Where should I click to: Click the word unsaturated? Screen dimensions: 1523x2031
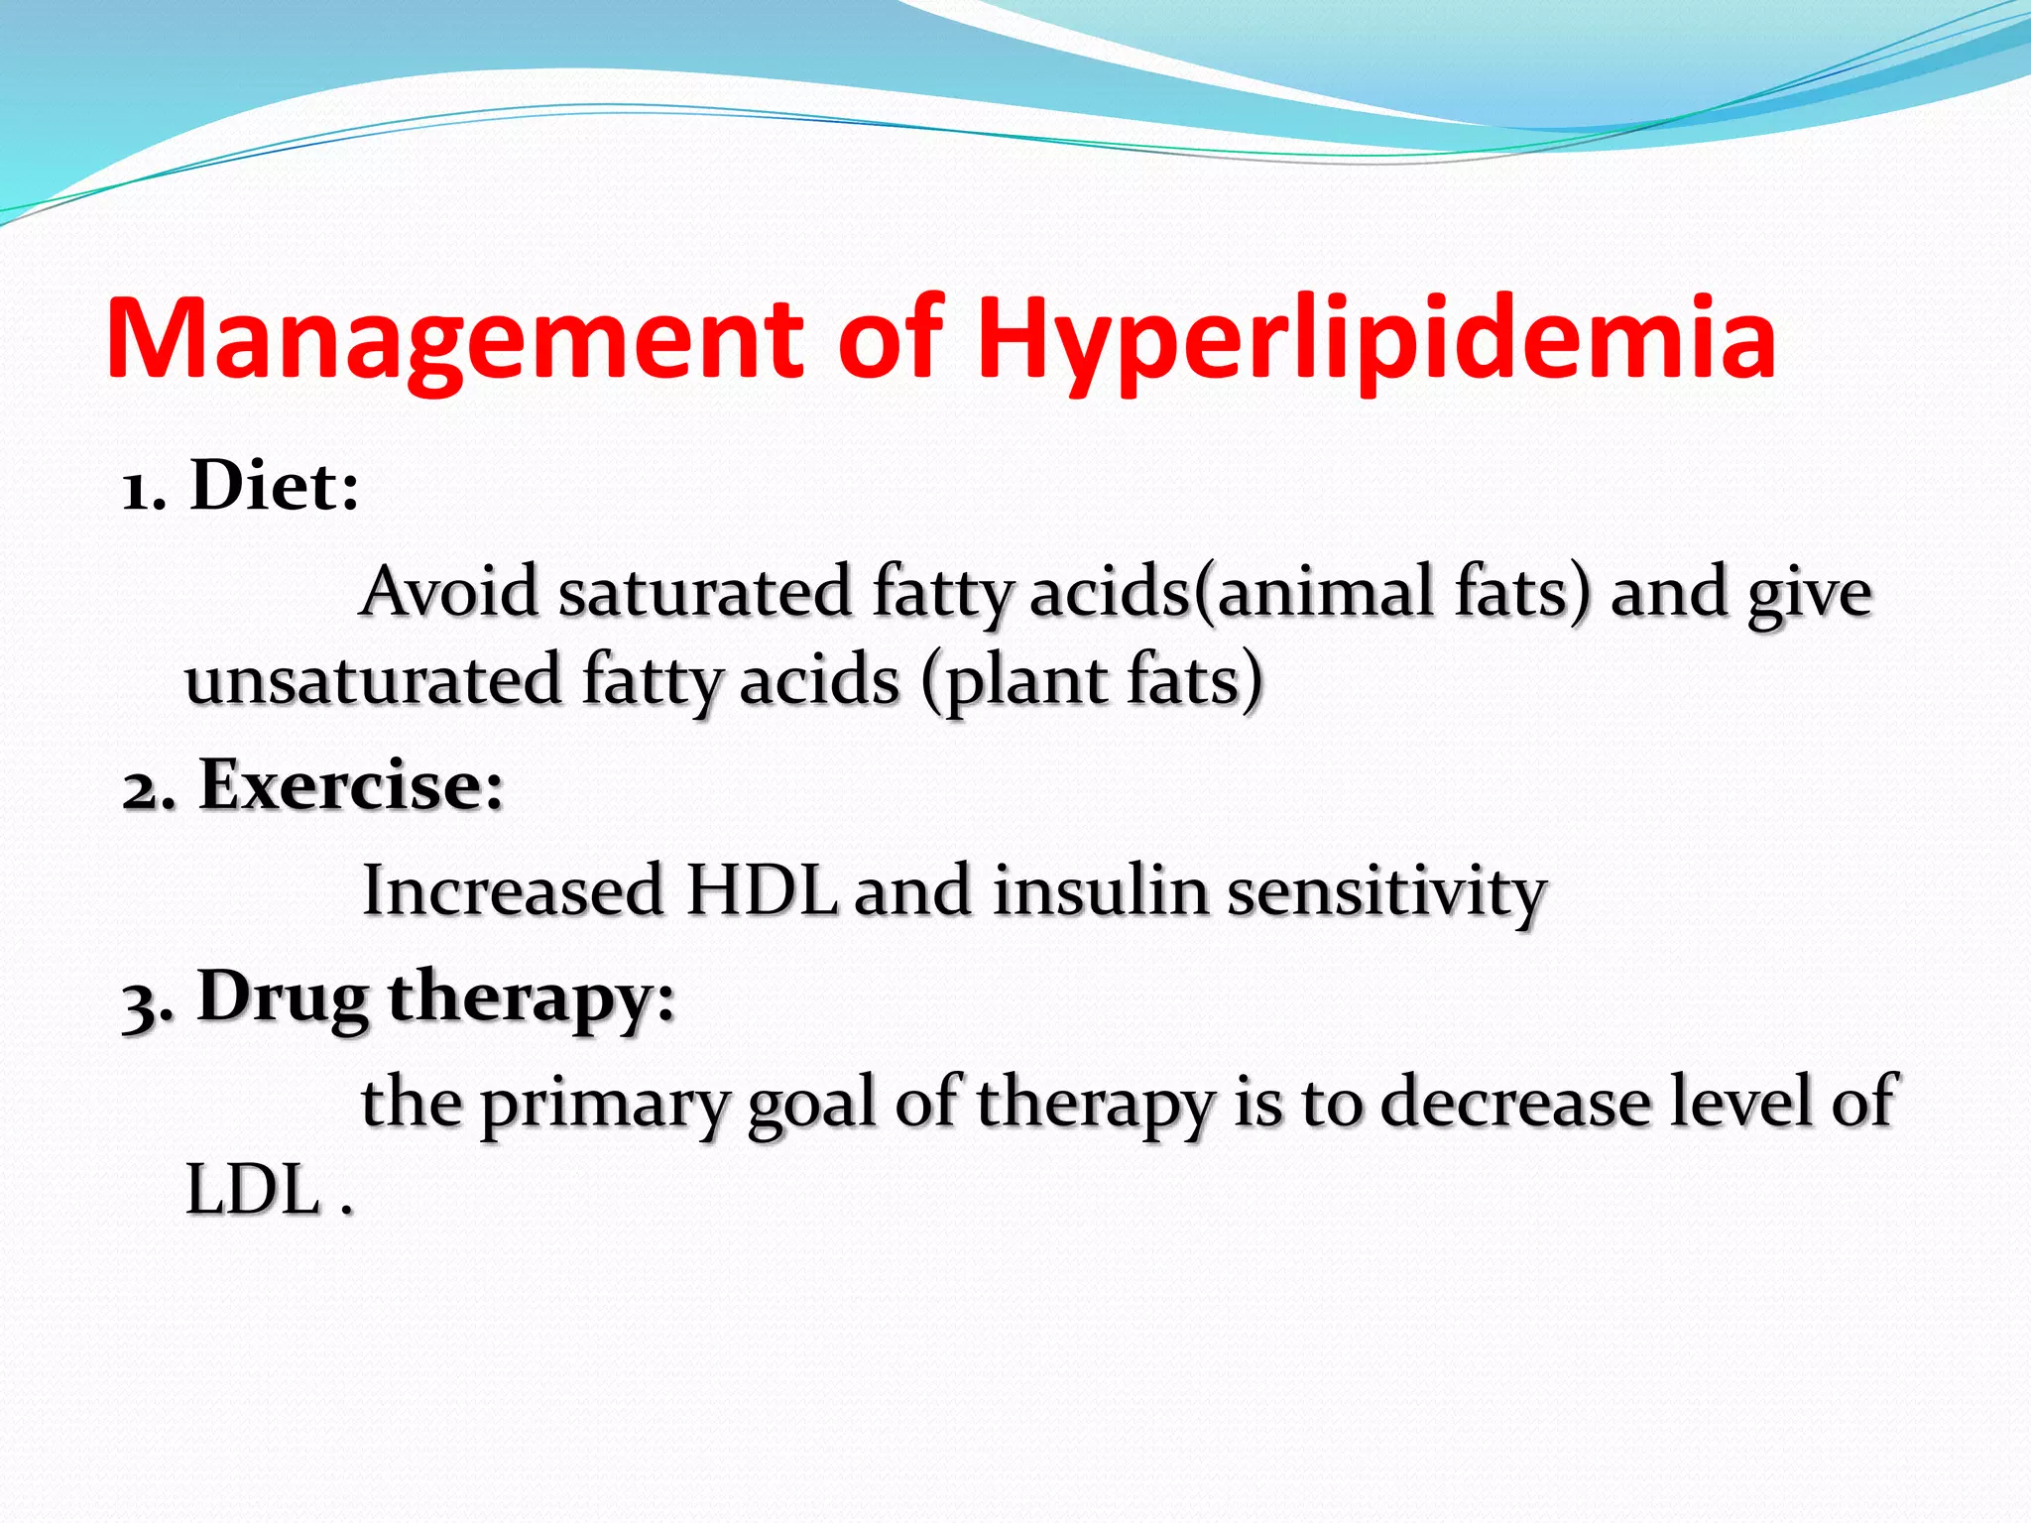[x=374, y=680]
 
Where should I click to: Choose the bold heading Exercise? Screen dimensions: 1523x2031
[x=352, y=785]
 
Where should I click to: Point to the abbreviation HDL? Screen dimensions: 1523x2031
[x=762, y=890]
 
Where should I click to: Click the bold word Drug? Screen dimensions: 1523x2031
[x=284, y=997]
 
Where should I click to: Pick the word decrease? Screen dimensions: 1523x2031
[x=1515, y=1103]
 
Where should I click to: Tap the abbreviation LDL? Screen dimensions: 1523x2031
[x=253, y=1190]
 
